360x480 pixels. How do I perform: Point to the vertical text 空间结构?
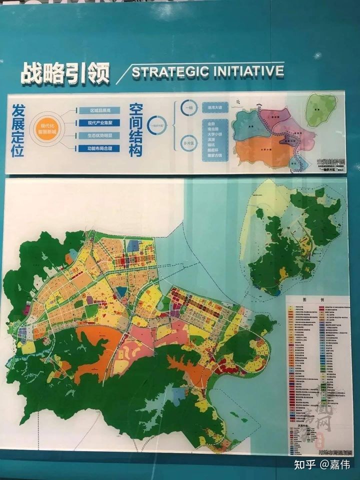click(x=135, y=130)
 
